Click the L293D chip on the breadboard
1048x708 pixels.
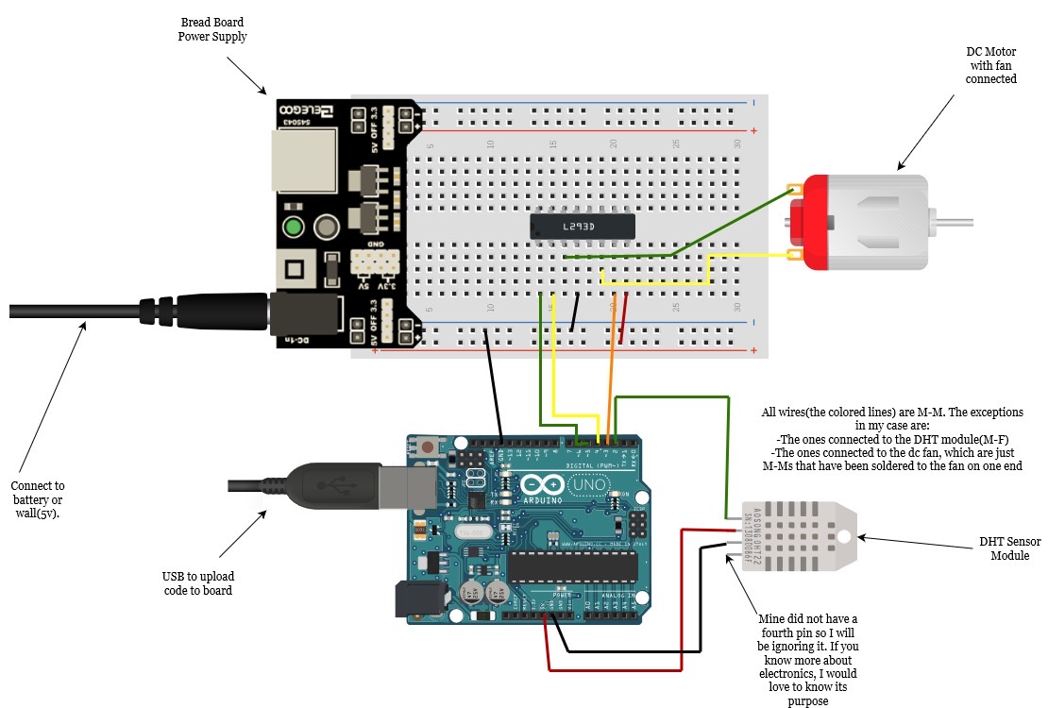point(582,225)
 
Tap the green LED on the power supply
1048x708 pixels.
point(294,228)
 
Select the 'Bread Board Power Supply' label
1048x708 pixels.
point(212,29)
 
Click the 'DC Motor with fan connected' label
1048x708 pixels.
point(990,65)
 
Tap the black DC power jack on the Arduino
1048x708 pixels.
point(419,598)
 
